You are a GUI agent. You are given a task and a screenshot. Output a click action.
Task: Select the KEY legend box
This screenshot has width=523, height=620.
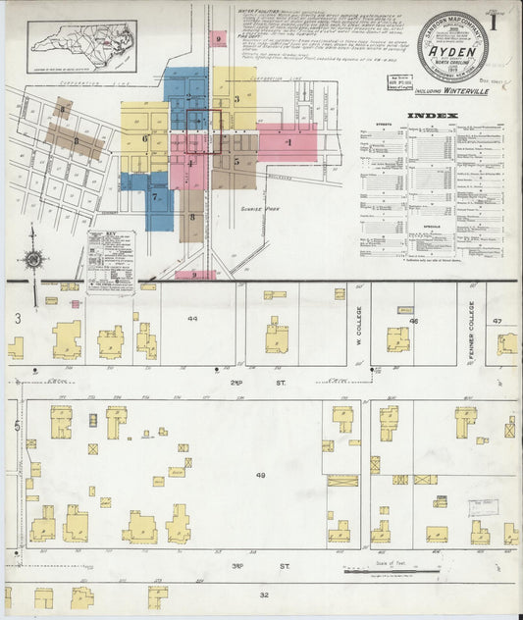(x=110, y=261)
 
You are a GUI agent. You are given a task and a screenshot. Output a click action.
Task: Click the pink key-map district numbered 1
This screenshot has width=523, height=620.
(x=288, y=142)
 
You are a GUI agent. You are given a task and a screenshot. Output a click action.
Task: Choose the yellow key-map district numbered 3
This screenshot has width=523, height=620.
(x=236, y=99)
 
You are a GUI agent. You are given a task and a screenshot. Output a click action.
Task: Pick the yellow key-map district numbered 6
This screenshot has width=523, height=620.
(x=144, y=139)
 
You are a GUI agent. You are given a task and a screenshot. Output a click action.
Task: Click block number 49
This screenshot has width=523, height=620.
(x=260, y=475)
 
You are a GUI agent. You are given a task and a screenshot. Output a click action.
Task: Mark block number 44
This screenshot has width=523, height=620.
(x=192, y=318)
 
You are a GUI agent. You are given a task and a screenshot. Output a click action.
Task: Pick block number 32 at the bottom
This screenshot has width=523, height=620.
(x=263, y=594)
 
